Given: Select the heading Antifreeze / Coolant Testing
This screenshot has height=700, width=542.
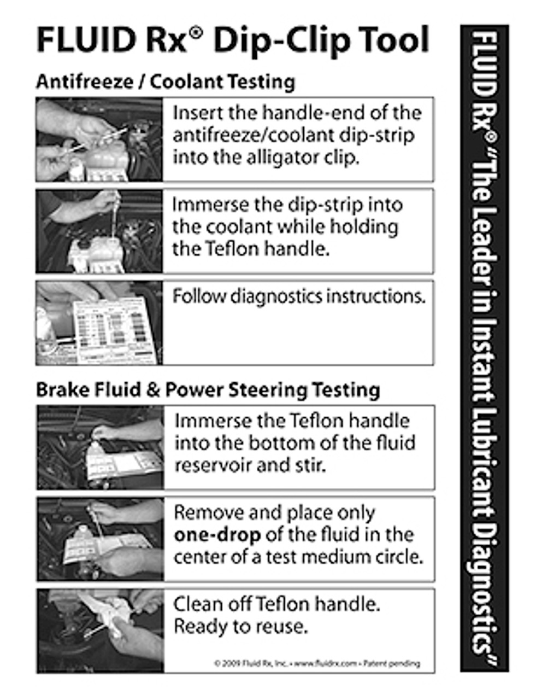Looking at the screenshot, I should pos(166,82).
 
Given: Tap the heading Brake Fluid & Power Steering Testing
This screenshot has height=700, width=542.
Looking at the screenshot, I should pos(208,390).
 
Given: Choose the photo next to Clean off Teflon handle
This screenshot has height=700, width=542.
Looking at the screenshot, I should pos(100,631).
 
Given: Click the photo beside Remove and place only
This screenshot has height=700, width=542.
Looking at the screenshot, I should pos(100,539).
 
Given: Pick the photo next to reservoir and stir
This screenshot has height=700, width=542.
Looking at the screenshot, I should pos(100,447).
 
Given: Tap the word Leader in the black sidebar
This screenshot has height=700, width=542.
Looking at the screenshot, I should pos(484,246).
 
